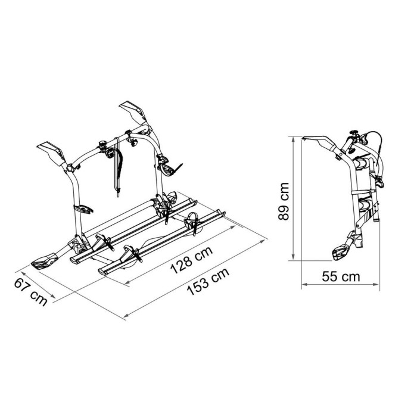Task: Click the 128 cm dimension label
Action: (191, 260)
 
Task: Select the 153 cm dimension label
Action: (208, 281)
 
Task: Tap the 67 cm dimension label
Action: (31, 292)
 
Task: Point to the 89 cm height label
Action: (283, 201)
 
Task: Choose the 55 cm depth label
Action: (341, 276)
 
